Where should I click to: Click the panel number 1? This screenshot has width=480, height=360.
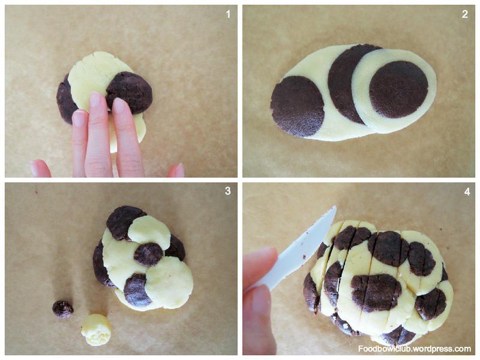(228, 14)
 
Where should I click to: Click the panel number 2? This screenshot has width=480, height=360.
(465, 14)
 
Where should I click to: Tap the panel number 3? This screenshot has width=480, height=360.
(228, 191)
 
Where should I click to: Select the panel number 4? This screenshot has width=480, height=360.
(467, 191)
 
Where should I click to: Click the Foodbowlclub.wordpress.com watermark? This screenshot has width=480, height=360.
(415, 349)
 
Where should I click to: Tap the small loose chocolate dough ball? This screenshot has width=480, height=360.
(63, 309)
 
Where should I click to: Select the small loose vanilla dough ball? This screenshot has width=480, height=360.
(96, 329)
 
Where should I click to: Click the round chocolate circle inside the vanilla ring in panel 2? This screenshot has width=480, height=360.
(398, 89)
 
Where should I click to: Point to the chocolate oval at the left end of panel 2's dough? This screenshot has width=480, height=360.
(297, 106)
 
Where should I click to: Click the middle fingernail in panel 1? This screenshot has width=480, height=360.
(95, 100)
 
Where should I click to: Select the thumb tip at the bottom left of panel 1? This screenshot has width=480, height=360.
(40, 169)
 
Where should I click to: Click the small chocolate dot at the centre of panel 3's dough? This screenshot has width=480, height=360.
(148, 254)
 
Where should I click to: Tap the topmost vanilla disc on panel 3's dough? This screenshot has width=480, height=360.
(149, 232)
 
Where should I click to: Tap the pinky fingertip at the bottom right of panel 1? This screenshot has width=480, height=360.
(176, 170)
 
